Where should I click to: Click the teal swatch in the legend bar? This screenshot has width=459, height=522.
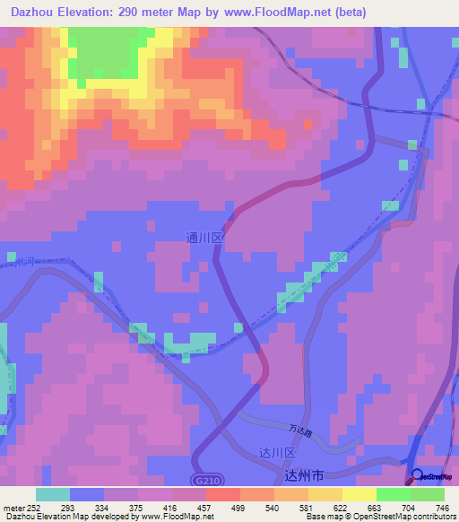(x=52, y=494)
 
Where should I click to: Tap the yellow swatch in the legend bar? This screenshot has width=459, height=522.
(x=359, y=494)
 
